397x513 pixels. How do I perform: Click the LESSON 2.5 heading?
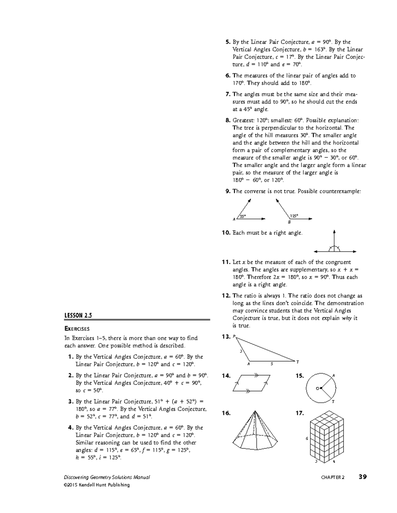click(78, 315)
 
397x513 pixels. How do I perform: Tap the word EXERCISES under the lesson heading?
click(77, 329)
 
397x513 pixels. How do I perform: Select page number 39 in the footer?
click(363, 477)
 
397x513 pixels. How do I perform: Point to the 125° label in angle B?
click(294, 216)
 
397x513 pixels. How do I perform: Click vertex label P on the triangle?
click(234, 337)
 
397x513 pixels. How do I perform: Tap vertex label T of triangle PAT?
click(297, 362)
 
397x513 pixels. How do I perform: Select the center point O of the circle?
click(321, 388)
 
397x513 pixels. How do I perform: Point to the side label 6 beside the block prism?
click(307, 438)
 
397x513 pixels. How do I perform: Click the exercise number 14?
click(226, 376)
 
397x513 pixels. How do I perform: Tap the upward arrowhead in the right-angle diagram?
click(334, 232)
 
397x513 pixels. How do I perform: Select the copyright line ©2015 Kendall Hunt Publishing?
click(97, 485)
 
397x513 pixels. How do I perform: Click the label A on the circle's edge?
click(333, 375)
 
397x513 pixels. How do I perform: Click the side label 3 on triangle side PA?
click(241, 351)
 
